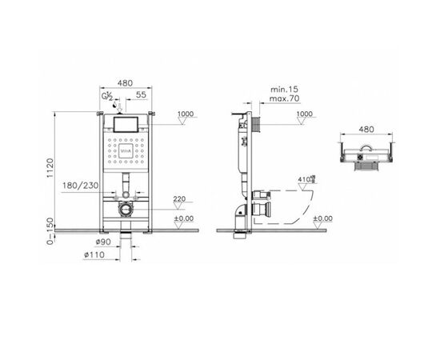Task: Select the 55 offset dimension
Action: (141, 94)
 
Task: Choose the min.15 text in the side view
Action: (279, 86)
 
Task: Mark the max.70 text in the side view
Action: (279, 95)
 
